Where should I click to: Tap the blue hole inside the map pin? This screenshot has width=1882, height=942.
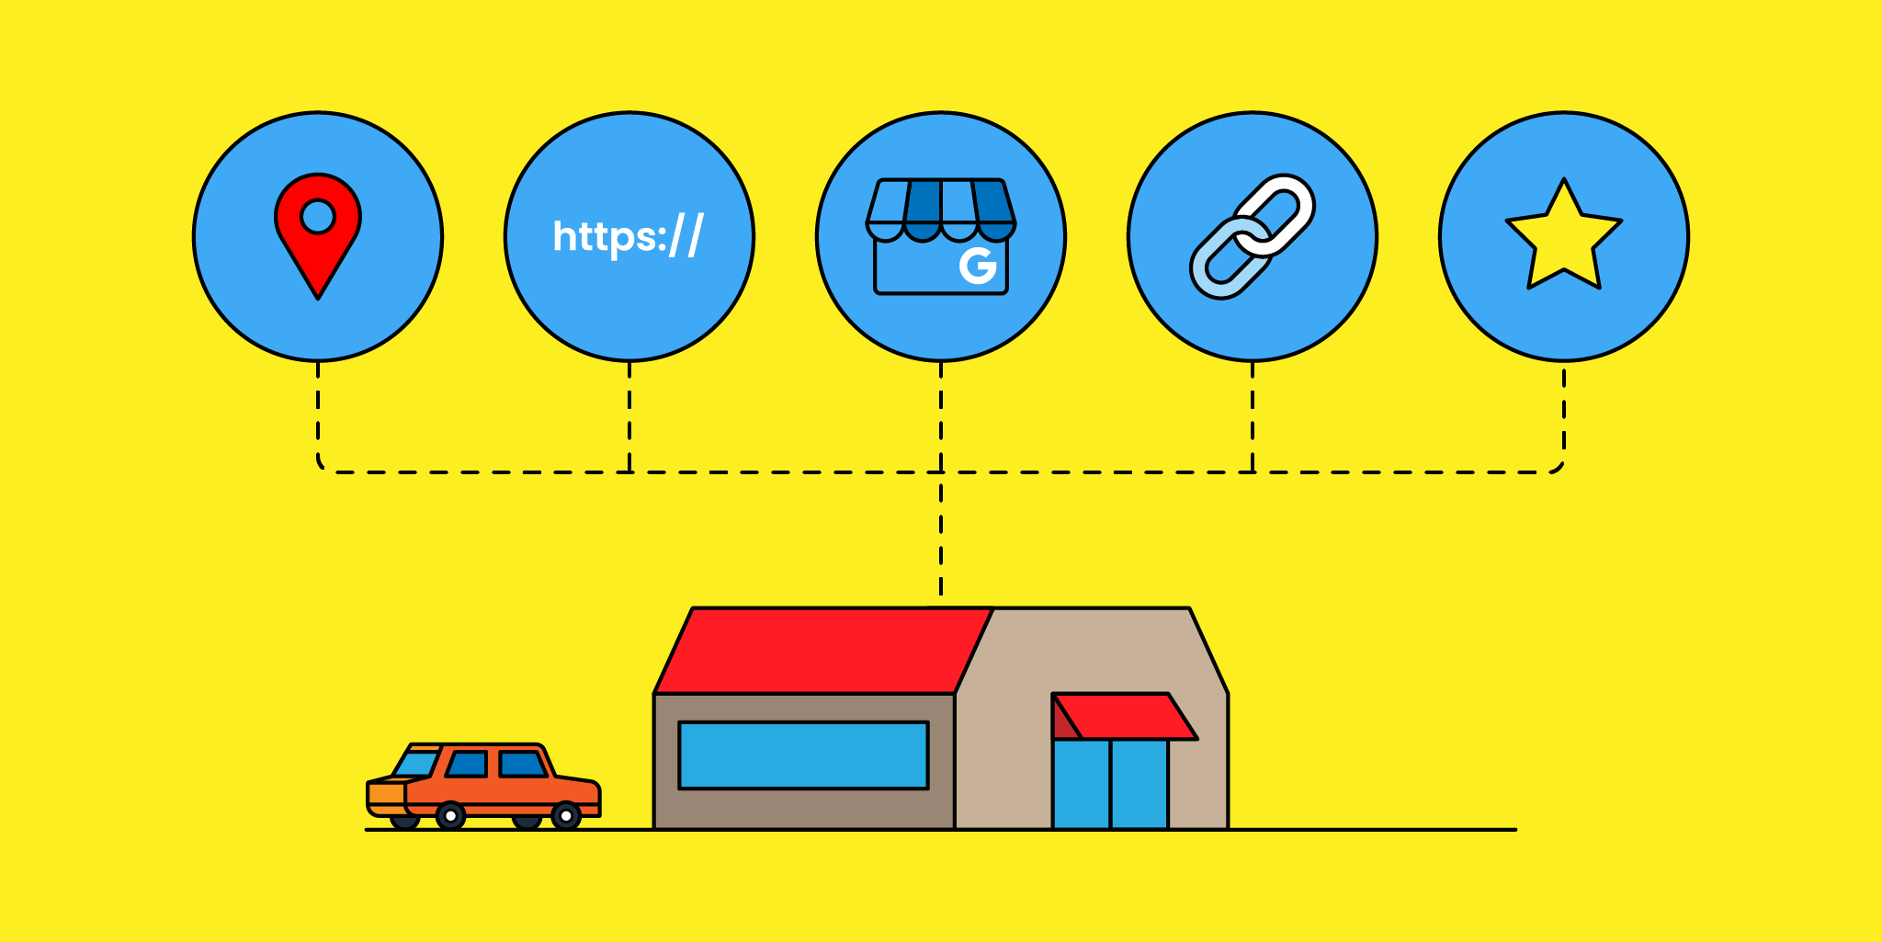tap(318, 217)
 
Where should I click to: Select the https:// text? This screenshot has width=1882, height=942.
tap(629, 236)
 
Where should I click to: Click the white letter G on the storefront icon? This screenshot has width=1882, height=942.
tap(978, 266)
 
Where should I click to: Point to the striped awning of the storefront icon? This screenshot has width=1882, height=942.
tap(941, 210)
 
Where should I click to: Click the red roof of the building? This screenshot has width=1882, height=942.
tap(822, 651)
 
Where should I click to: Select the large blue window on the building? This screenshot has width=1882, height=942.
tap(804, 755)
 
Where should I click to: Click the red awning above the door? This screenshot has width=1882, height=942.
tap(1125, 716)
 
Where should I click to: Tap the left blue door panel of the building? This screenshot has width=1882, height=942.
tap(1082, 784)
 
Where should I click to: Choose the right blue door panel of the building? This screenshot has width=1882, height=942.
tap(1139, 784)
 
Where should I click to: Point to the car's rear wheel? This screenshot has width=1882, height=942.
tap(566, 816)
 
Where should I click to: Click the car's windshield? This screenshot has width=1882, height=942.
tap(416, 764)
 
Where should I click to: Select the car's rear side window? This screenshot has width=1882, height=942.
tap(522, 764)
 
